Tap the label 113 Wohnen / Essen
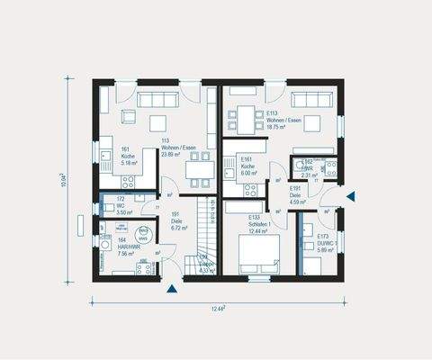coord(172,148)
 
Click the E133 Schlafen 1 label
coord(262,225)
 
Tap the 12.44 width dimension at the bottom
coord(218,309)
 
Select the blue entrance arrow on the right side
coord(353,196)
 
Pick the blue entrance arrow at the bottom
coord(172,289)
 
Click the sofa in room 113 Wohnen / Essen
coord(159,98)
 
